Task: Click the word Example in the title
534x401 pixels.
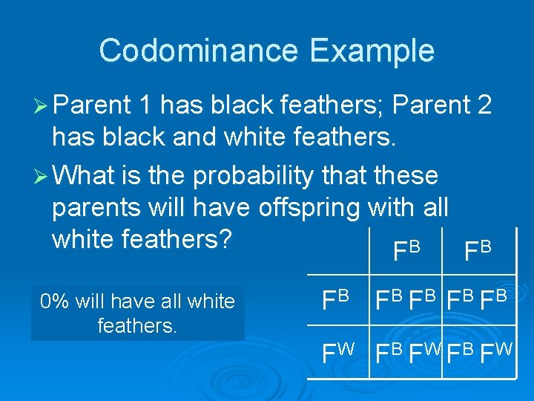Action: (372, 51)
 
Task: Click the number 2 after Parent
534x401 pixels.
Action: (484, 105)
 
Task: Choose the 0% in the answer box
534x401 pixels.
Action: (56, 301)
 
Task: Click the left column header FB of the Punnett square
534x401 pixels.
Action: (407, 252)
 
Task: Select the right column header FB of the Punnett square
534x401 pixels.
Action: (478, 252)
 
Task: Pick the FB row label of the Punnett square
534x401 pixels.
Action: (336, 301)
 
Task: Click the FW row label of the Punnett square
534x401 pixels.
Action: (338, 348)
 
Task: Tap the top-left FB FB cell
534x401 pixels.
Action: (406, 301)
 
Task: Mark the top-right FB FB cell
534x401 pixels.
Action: (479, 301)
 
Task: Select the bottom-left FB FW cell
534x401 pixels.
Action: (406, 348)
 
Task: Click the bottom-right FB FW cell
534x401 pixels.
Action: (479, 348)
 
